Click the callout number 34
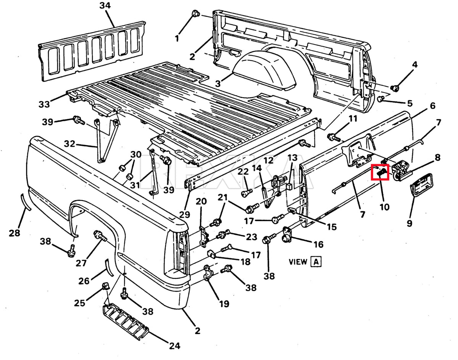coord(105,6)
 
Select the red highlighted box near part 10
coord(381,172)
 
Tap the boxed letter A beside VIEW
coord(316,262)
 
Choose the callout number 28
coord(15,232)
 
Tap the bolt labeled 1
coord(196,14)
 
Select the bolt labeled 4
coord(395,88)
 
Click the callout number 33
coord(44,104)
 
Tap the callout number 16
coord(318,244)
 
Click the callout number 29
coord(184,214)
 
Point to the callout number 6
coord(432,106)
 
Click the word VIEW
coord(298,262)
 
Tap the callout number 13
coord(292,157)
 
